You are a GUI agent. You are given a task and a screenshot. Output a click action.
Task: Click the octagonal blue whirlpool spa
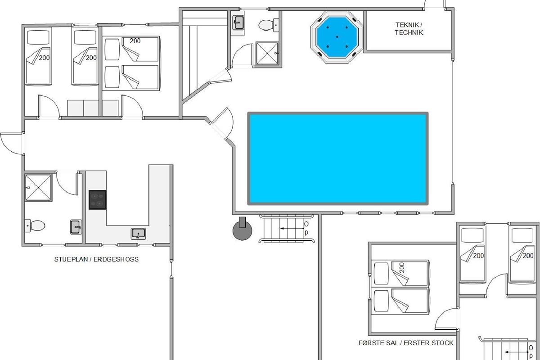click(x=337, y=37)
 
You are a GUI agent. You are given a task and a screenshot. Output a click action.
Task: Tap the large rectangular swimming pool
click(x=338, y=158)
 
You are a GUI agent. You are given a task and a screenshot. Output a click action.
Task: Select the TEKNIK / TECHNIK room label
click(x=409, y=29)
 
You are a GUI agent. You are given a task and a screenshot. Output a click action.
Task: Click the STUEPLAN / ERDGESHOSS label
click(x=96, y=259)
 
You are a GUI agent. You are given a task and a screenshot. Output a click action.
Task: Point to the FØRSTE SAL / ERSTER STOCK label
click(x=406, y=342)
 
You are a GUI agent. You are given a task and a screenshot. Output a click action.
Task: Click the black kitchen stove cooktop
click(x=97, y=200)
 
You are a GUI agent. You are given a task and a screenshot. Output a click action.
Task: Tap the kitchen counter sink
click(x=139, y=234)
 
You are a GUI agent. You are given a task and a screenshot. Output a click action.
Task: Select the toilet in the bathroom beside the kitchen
click(x=35, y=226)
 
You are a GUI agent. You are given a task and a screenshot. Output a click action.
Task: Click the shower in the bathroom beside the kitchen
click(x=38, y=188)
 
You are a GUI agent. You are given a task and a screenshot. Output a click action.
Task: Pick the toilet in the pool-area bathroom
click(x=269, y=25)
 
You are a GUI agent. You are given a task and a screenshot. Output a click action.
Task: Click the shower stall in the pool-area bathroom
click(x=267, y=54)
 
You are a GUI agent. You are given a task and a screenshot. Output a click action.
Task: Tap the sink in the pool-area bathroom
click(x=238, y=22)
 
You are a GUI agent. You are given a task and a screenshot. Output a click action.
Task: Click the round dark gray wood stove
click(x=242, y=229)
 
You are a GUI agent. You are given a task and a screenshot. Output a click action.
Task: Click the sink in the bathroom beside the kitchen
click(x=76, y=227)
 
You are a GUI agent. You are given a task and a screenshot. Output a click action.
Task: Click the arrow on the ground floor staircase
click(x=292, y=228)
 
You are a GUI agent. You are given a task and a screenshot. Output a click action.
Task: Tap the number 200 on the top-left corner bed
click(x=44, y=58)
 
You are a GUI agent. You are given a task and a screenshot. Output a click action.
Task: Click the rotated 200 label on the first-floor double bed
click(x=402, y=268)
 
